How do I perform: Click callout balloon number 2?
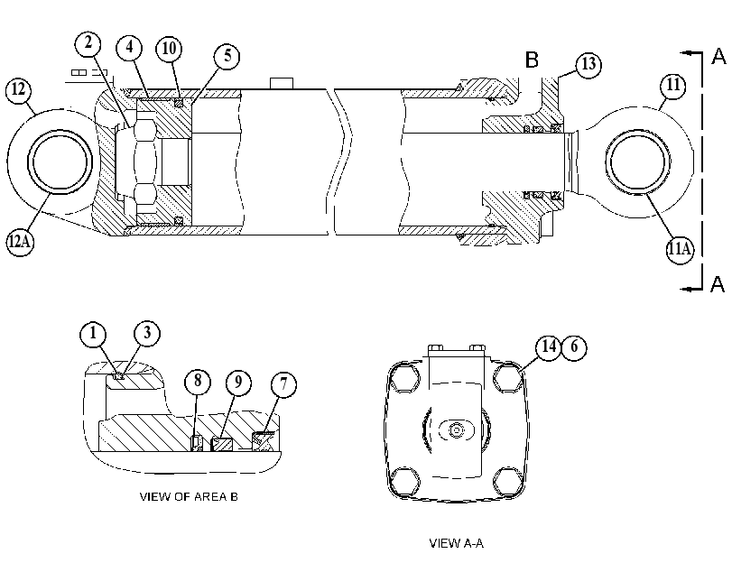(88, 44)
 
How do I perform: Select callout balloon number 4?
(129, 48)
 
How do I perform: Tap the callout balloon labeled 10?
(169, 49)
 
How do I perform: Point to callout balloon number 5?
(227, 56)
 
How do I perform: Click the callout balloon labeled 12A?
(20, 242)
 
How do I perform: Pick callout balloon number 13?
(588, 64)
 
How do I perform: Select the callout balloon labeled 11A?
(680, 249)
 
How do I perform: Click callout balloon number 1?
(93, 334)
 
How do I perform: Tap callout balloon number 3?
(147, 333)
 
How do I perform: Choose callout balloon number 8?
(198, 382)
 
